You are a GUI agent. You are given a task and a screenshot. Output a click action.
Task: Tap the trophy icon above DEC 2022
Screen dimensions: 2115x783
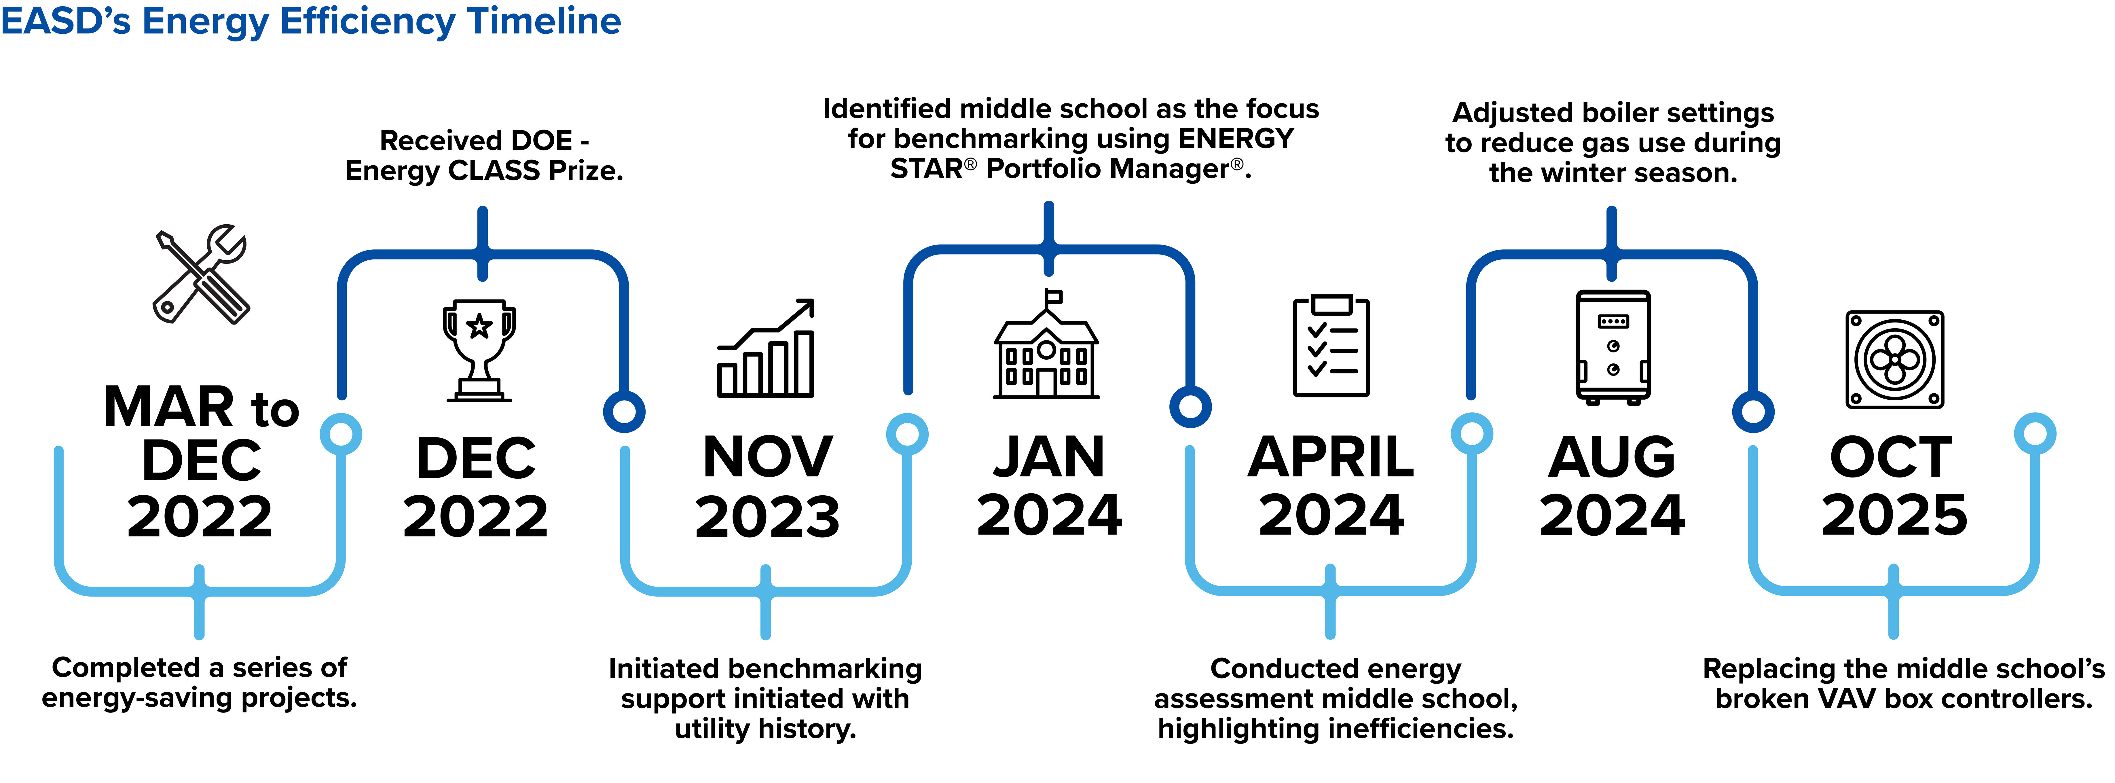tap(479, 350)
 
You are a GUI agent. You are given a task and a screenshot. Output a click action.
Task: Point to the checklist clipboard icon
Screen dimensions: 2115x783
tap(1331, 346)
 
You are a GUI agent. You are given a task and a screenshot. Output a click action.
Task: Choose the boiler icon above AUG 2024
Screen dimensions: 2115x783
tap(1613, 347)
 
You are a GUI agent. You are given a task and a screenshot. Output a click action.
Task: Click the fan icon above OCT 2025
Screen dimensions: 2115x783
tap(1895, 359)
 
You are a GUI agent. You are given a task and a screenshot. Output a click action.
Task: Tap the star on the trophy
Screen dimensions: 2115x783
tap(479, 327)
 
